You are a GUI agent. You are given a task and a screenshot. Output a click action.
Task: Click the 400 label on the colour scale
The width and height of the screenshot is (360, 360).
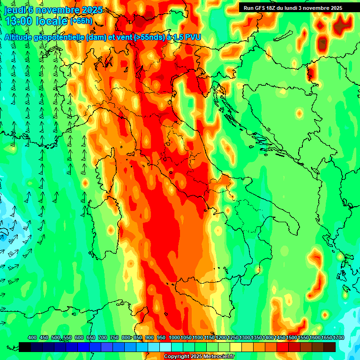pyautogui.click(x=32, y=338)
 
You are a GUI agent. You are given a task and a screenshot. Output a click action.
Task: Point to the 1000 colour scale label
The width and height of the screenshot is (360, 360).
pyautogui.click(x=174, y=338)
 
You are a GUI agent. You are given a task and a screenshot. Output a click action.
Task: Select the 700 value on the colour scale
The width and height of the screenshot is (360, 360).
pyautogui.click(x=103, y=338)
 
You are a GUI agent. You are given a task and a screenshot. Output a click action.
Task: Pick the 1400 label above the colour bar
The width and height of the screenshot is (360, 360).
pyautogui.click(x=268, y=338)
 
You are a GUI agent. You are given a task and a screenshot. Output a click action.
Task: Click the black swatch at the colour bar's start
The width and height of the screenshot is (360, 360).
pyautogui.click(x=25, y=347)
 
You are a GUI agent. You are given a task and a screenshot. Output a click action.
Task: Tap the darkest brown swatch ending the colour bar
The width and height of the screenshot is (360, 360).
pyautogui.click(x=330, y=347)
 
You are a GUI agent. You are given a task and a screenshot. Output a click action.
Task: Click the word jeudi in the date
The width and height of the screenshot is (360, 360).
pyautogui.click(x=14, y=10)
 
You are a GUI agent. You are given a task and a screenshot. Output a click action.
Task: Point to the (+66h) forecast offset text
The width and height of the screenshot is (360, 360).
pyautogui.click(x=81, y=21)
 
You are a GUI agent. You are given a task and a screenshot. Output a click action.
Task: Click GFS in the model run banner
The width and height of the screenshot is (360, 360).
pyautogui.click(x=260, y=8)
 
